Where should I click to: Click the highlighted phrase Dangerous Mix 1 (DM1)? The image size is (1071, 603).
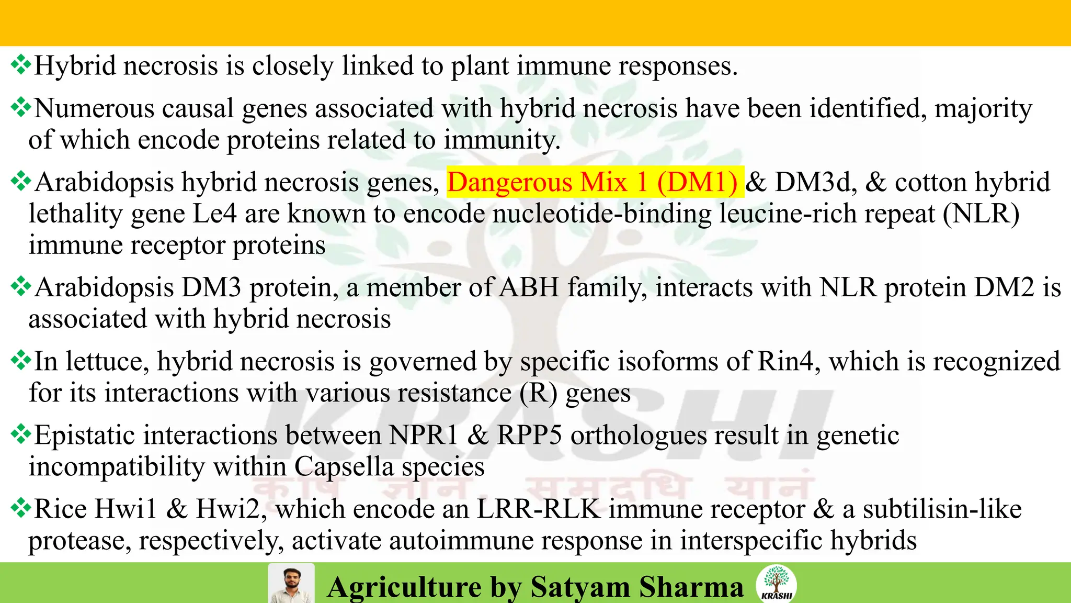[x=595, y=182]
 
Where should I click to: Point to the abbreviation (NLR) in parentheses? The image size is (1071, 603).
[x=982, y=214]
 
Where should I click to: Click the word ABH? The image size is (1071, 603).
[x=529, y=287]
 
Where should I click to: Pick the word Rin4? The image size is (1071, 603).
[x=785, y=361]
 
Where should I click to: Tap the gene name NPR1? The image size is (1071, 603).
[x=423, y=435]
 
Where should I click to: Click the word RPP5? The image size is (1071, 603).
[x=529, y=435]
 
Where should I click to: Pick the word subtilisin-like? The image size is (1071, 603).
[x=942, y=509]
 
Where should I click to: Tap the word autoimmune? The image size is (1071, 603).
[x=463, y=540]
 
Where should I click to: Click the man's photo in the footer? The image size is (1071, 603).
[x=291, y=583]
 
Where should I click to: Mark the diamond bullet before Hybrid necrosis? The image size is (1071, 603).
[x=20, y=65]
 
